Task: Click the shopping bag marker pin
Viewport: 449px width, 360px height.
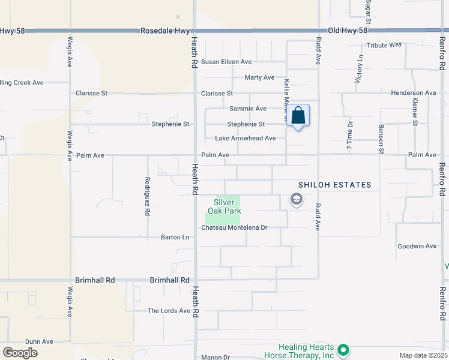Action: click(298, 116)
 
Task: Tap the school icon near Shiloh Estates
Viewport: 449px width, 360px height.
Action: click(296, 199)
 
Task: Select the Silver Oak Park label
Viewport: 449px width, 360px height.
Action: click(224, 206)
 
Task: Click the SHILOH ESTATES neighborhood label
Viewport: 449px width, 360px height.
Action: click(335, 185)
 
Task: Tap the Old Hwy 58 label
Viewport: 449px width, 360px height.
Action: click(346, 30)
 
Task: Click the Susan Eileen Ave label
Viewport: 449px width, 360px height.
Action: click(226, 62)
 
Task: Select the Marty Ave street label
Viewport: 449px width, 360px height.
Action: click(259, 77)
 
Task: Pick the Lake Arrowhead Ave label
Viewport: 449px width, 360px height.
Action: click(246, 139)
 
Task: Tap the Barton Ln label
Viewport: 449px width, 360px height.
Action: click(175, 237)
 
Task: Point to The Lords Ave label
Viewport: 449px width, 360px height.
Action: click(169, 311)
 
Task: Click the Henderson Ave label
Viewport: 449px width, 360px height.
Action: click(413, 93)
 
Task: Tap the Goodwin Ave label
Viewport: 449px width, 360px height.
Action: click(417, 246)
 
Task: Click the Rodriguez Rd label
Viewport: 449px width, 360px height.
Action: click(147, 196)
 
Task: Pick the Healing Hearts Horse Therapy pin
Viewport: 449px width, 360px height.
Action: click(343, 349)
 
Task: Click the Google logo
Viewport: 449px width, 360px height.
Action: click(20, 353)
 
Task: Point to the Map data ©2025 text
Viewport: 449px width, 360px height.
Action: click(423, 355)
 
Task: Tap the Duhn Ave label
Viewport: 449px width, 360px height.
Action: click(39, 341)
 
